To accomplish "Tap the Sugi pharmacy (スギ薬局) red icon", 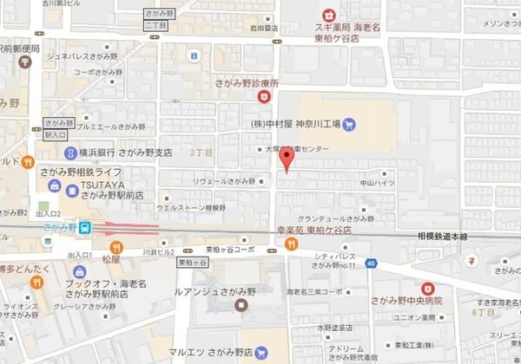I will pyautogui.click(x=328, y=15).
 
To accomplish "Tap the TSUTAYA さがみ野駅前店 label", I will pyautogui.click(x=108, y=190).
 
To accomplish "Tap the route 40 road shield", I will pyautogui.click(x=370, y=263).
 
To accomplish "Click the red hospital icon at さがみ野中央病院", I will pyautogui.click(x=426, y=288).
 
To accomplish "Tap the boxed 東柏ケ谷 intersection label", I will pyautogui.click(x=192, y=261).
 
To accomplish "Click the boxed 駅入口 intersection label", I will pyautogui.click(x=55, y=134).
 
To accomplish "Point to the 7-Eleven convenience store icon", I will pyautogui.click(x=471, y=259).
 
